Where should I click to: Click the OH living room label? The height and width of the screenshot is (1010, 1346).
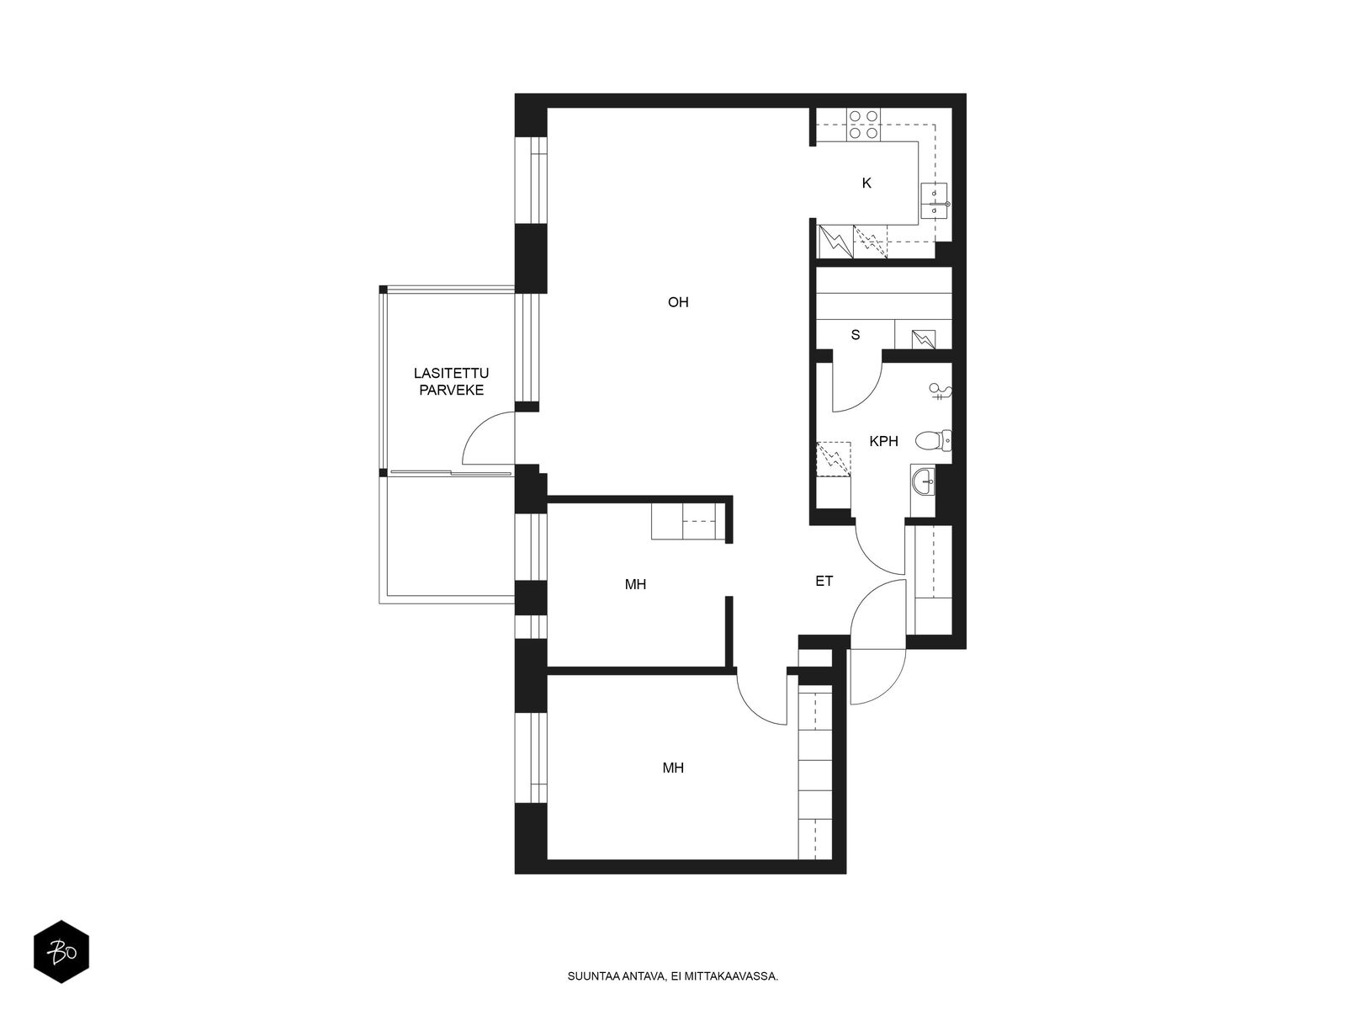(678, 302)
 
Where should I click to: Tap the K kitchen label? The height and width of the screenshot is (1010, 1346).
(866, 183)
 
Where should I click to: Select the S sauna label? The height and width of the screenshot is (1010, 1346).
(856, 335)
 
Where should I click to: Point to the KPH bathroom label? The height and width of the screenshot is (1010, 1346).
(883, 441)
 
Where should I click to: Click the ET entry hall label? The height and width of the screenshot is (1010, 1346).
(824, 581)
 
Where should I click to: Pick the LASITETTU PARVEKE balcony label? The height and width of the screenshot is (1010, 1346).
(451, 381)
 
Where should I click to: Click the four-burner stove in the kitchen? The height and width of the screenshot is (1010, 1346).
(863, 124)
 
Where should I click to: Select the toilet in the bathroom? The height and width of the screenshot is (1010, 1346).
(932, 439)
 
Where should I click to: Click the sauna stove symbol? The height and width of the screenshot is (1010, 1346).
(924, 338)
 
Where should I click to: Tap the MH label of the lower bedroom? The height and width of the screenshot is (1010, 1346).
(673, 768)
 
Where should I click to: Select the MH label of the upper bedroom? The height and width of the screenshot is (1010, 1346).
(635, 584)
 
